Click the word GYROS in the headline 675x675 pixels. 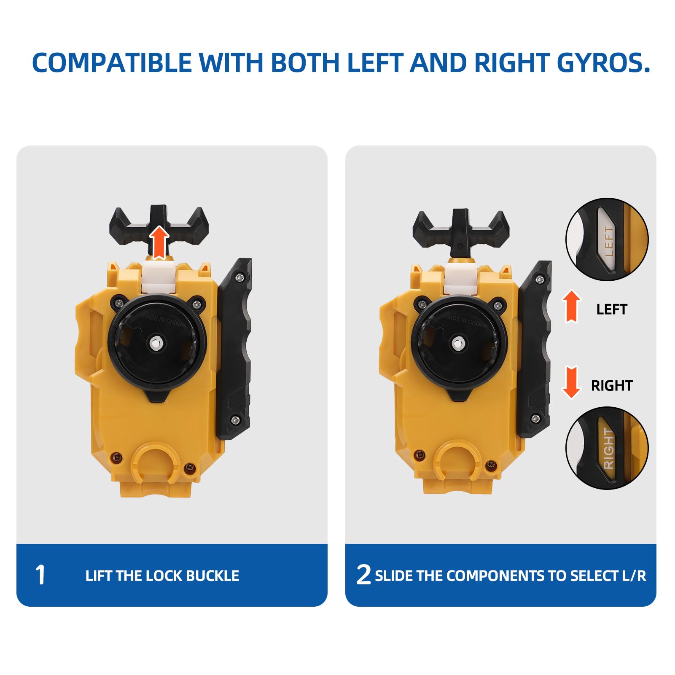point(603,62)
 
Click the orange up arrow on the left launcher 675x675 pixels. point(159,242)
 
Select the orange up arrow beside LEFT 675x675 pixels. point(571,307)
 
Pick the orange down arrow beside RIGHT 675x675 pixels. point(571,382)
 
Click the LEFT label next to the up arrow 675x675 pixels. point(612,309)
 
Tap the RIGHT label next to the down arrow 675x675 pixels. point(612,385)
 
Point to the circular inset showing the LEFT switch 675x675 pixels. point(607,239)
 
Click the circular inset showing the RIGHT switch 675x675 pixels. point(607,448)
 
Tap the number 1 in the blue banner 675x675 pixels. point(40,575)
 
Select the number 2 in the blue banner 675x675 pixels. point(363,575)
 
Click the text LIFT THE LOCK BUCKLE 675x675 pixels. point(162,576)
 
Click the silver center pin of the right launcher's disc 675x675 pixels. point(458,344)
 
